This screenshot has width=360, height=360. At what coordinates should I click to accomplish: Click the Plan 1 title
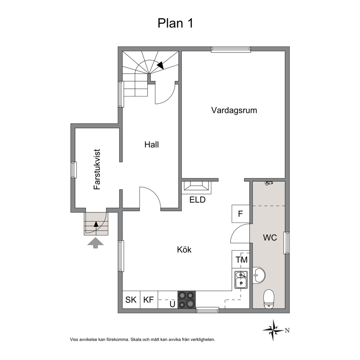pyautogui.click(x=175, y=23)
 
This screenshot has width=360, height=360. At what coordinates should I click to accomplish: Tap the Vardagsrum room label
pyautogui.click(x=234, y=110)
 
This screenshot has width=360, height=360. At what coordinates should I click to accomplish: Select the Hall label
pyautogui.click(x=152, y=144)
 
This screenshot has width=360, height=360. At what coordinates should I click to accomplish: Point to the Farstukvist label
pyautogui.click(x=97, y=169)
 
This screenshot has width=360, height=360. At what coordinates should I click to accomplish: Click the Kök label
pyautogui.click(x=184, y=250)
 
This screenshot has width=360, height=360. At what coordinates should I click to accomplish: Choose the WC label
pyautogui.click(x=270, y=237)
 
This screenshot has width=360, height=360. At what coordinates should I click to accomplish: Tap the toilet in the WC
pyautogui.click(x=269, y=299)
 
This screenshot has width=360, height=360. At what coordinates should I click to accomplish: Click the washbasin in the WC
pyautogui.click(x=259, y=275)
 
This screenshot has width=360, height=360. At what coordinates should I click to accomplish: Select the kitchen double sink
pyautogui.click(x=241, y=279)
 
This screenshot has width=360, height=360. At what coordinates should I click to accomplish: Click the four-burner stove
pyautogui.click(x=187, y=300)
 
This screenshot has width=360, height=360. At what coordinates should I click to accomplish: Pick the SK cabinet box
pyautogui.click(x=131, y=300)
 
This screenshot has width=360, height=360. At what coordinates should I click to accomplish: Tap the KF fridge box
pyautogui.click(x=149, y=300)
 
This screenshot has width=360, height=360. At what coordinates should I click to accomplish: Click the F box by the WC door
pyautogui.click(x=240, y=214)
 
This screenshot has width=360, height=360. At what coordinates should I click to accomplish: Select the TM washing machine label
pyautogui.click(x=242, y=260)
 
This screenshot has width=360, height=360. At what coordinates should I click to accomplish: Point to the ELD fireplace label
pyautogui.click(x=197, y=200)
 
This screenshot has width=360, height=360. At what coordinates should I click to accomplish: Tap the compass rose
pyautogui.click(x=273, y=330)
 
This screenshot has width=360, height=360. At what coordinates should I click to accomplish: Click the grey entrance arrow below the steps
pyautogui.click(x=95, y=243)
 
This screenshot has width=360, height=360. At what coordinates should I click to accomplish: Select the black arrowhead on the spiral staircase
pyautogui.click(x=160, y=65)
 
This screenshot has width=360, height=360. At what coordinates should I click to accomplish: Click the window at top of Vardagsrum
pyautogui.click(x=231, y=49)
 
